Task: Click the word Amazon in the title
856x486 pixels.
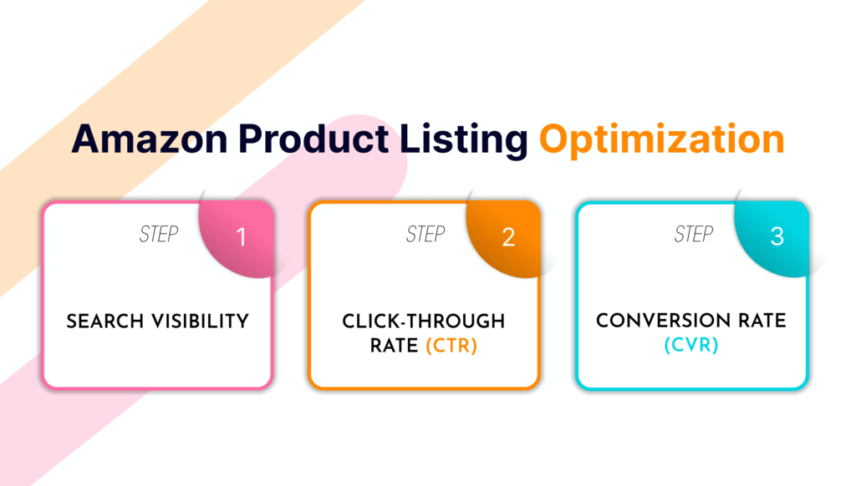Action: coord(149,139)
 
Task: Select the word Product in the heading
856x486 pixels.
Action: coord(313,139)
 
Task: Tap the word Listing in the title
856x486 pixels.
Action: coord(463,140)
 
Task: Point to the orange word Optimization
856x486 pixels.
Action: coord(662,140)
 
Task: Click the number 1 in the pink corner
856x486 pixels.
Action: coord(242,237)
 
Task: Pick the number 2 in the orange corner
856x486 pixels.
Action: coord(508,237)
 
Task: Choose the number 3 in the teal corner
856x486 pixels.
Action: coord(777,236)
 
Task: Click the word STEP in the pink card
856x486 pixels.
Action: coord(158,234)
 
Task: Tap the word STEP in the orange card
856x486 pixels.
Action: coord(425,234)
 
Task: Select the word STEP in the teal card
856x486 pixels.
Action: coord(693,234)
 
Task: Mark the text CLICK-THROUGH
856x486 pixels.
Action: coord(424,321)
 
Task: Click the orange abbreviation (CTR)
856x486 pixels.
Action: coord(451,346)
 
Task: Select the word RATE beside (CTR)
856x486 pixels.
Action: coord(395,346)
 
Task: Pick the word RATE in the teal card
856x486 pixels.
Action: coord(762,321)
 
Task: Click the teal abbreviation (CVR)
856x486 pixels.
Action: coord(691,345)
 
